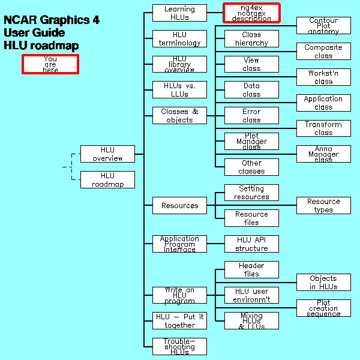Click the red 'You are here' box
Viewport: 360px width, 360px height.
pyautogui.click(x=50, y=64)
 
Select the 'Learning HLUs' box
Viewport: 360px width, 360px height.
pyautogui.click(x=179, y=13)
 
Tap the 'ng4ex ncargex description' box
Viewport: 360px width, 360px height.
pyautogui.click(x=251, y=13)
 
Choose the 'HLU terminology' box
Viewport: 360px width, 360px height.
pyautogui.click(x=179, y=38)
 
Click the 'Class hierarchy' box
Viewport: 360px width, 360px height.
pyautogui.click(x=251, y=39)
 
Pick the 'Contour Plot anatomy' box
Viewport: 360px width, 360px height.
pyautogui.click(x=323, y=26)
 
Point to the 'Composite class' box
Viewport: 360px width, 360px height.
pyautogui.click(x=323, y=52)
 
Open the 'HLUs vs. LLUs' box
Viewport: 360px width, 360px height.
pyautogui.click(x=179, y=90)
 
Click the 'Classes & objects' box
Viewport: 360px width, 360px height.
pyautogui.click(x=179, y=116)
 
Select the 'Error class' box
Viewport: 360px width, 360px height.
pyautogui.click(x=251, y=116)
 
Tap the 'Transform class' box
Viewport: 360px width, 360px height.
pyautogui.click(x=323, y=128)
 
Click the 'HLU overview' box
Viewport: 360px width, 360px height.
pyautogui.click(x=107, y=154)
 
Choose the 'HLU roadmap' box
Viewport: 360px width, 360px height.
pyautogui.click(x=107, y=180)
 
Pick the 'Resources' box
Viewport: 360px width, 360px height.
pyautogui.click(x=179, y=206)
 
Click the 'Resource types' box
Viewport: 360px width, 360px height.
pyautogui.click(x=323, y=206)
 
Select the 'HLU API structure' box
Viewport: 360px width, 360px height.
pyautogui.click(x=251, y=244)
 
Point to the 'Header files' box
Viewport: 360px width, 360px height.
pyautogui.click(x=251, y=270)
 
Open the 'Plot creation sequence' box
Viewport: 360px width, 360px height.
pyautogui.click(x=323, y=308)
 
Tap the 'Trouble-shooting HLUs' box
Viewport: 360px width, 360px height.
pyautogui.click(x=179, y=347)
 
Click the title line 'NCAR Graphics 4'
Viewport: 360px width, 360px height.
pyautogui.click(x=52, y=20)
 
